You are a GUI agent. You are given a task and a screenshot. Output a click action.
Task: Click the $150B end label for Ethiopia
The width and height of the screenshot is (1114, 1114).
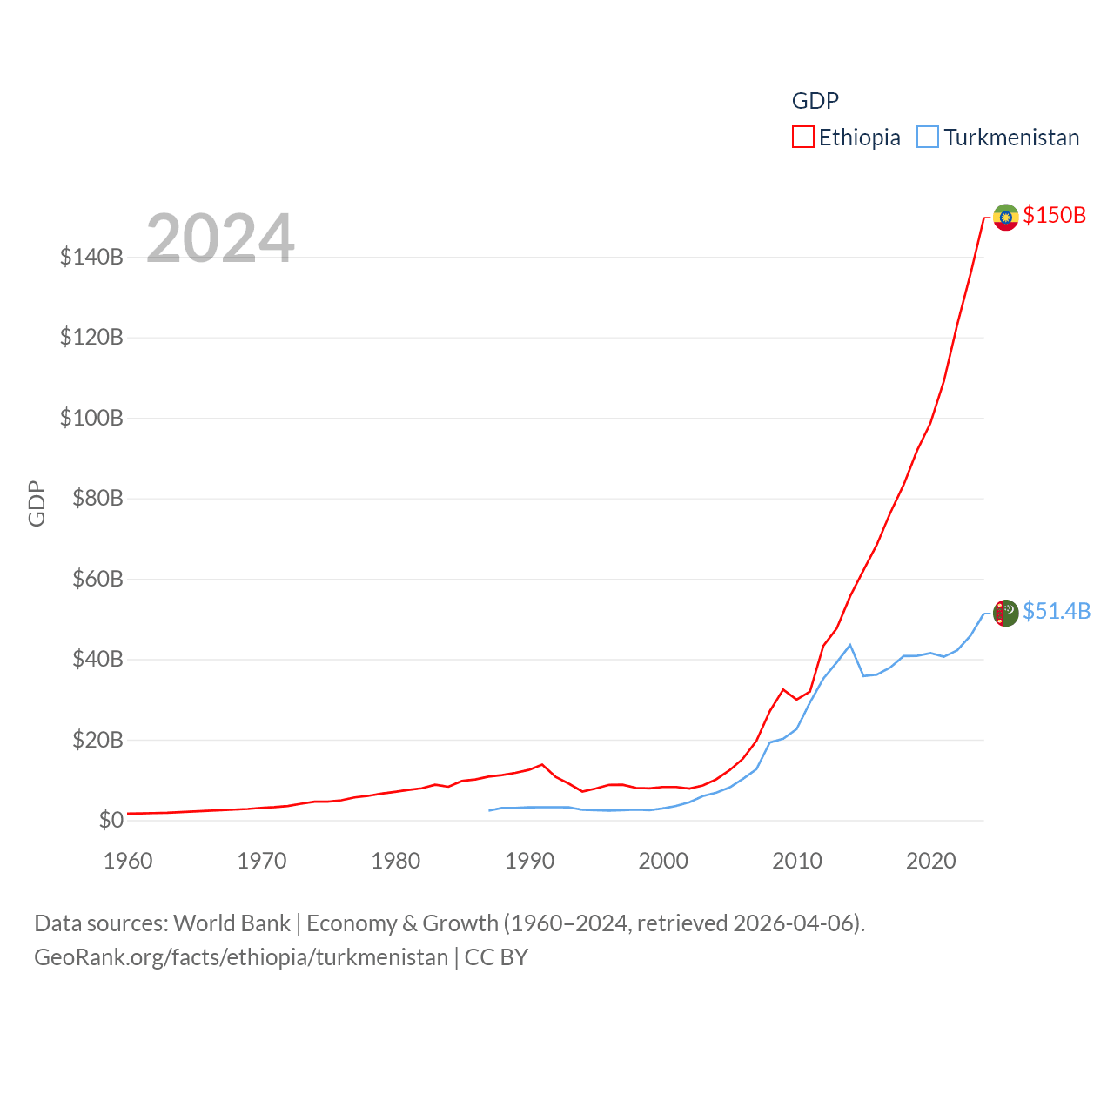pyautogui.click(x=1054, y=215)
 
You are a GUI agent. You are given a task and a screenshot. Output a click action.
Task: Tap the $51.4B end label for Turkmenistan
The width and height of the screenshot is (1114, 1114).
pyautogui.click(x=1057, y=611)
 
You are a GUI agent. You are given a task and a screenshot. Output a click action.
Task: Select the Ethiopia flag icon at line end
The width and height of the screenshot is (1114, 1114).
pyautogui.click(x=1006, y=217)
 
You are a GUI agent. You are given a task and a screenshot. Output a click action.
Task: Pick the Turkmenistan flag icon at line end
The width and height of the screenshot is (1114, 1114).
pyautogui.click(x=1006, y=613)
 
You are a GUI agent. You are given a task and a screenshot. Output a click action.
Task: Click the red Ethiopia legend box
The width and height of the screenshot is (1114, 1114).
pyautogui.click(x=802, y=138)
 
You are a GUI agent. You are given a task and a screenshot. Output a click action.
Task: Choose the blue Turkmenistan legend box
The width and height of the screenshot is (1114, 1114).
pyautogui.click(x=928, y=138)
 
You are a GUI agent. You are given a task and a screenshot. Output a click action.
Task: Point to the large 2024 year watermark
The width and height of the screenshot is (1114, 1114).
pyautogui.click(x=220, y=238)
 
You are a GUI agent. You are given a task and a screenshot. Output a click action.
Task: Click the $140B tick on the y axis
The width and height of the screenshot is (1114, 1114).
pyautogui.click(x=91, y=257)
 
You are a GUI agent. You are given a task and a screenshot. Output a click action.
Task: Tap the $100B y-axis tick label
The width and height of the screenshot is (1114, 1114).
pyautogui.click(x=91, y=418)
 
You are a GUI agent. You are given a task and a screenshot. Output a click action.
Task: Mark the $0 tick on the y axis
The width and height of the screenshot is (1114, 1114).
pyautogui.click(x=111, y=820)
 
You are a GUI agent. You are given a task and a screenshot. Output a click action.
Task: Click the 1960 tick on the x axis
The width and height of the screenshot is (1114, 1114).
pyautogui.click(x=128, y=861)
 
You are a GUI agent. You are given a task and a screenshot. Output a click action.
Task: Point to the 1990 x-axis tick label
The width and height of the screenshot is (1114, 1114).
pyautogui.click(x=529, y=861)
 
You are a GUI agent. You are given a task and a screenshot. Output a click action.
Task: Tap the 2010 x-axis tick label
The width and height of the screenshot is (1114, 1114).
pyautogui.click(x=797, y=861)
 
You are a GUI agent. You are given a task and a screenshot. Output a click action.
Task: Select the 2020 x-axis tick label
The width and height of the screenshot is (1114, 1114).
pyautogui.click(x=931, y=861)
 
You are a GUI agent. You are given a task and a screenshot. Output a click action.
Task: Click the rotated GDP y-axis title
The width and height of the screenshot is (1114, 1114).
pyautogui.click(x=37, y=503)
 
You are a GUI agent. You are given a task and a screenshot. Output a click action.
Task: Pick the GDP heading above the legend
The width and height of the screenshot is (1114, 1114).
pyautogui.click(x=815, y=101)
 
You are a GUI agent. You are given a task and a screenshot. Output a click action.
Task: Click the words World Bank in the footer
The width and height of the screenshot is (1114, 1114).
pyautogui.click(x=232, y=923)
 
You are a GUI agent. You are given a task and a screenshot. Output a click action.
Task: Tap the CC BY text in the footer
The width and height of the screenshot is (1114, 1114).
pyautogui.click(x=496, y=957)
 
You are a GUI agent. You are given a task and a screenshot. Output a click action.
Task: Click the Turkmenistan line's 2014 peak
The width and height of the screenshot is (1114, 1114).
pyautogui.click(x=850, y=645)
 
